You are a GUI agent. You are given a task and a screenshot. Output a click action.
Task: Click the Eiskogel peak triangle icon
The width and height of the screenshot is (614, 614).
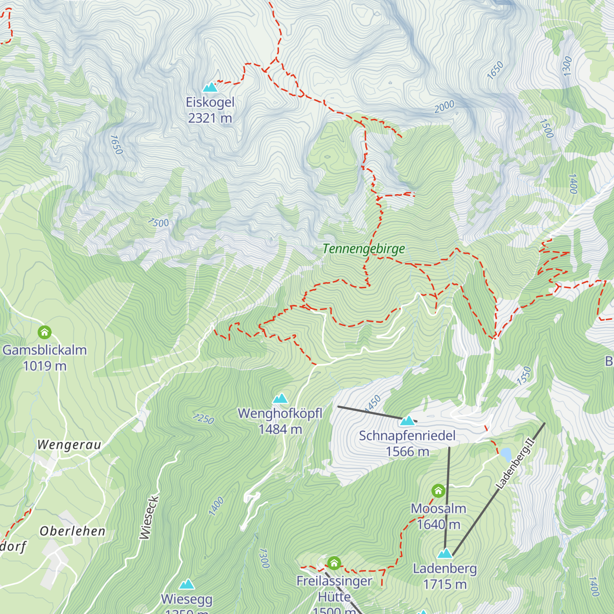click(x=210, y=87)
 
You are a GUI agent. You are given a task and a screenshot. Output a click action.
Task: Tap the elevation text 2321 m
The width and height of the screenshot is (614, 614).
click(x=210, y=118)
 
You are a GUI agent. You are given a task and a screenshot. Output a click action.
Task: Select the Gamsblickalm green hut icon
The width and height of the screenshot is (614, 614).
click(x=45, y=333)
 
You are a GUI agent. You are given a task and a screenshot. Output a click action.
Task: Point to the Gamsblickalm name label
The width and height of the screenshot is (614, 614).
click(x=45, y=350)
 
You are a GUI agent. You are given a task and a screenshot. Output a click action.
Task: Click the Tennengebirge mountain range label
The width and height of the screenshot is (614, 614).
click(x=363, y=249)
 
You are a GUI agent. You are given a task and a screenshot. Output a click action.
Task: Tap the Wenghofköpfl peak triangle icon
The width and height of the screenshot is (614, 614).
click(x=280, y=399)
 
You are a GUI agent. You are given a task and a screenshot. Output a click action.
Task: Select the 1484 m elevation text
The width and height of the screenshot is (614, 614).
click(x=280, y=429)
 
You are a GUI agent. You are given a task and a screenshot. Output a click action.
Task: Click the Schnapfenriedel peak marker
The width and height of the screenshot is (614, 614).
click(x=407, y=421)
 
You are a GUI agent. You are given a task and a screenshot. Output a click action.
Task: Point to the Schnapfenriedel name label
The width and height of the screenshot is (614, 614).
click(x=407, y=436)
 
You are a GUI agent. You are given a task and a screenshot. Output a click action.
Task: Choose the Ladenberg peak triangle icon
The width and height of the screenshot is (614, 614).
click(x=445, y=554)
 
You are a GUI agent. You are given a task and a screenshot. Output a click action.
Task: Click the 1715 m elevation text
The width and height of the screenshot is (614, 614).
click(x=445, y=584)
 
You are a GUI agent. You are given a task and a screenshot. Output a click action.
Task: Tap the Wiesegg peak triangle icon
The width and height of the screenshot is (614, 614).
click(x=186, y=584)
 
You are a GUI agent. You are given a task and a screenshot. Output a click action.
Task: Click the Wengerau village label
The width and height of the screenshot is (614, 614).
click(x=69, y=445)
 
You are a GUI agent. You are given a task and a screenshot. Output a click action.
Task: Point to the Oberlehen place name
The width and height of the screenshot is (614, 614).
click(x=73, y=532)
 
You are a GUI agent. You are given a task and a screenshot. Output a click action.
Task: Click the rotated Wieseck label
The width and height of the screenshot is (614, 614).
click(x=146, y=517)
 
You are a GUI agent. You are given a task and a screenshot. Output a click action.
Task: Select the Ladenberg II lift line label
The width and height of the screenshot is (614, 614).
click(x=515, y=463)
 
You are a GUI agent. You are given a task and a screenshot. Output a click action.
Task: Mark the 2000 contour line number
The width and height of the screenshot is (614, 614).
click(x=444, y=107)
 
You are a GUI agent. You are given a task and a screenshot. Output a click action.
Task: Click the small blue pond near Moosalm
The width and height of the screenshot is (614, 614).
click(x=506, y=454)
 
